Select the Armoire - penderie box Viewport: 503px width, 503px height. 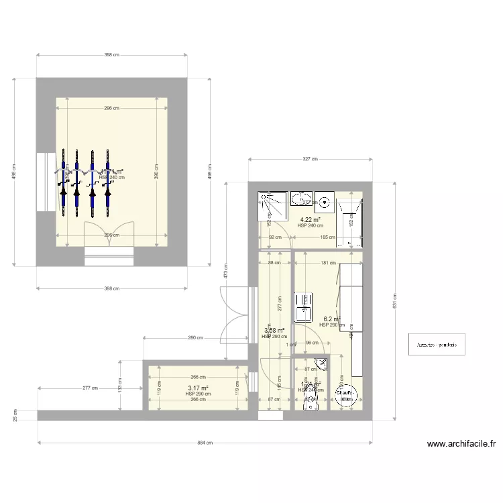[436, 345]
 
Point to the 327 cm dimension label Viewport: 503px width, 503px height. [311, 159]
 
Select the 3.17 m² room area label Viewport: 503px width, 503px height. [198, 388]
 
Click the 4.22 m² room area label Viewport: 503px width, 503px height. [310, 219]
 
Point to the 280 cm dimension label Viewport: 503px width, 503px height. [195, 338]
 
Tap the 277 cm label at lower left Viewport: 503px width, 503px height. [91, 388]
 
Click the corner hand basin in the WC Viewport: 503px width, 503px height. [323, 364]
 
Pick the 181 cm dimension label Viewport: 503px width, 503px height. [328, 263]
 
